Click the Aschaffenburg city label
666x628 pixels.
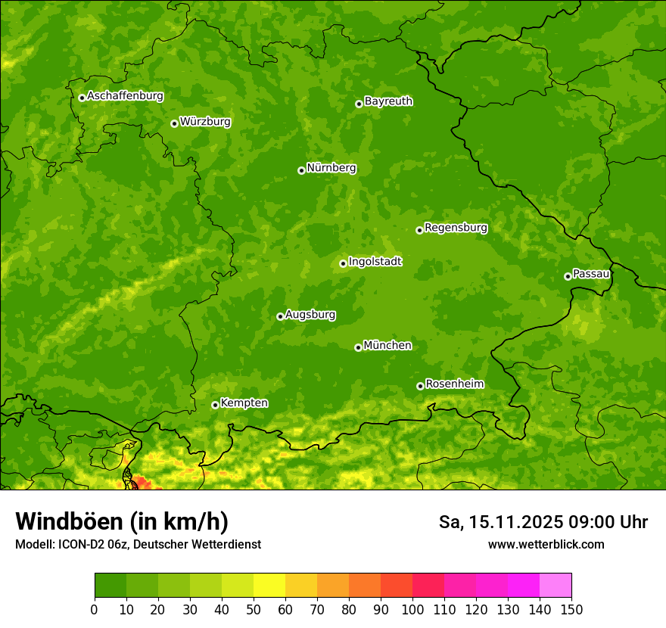125,96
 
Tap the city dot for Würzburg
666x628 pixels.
174,123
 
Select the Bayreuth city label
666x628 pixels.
388,101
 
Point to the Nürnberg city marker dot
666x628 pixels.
301,170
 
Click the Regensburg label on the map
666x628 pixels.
456,228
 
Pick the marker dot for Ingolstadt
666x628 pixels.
343,264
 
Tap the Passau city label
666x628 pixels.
591,274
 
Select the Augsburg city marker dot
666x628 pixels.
280,316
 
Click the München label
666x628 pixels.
387,346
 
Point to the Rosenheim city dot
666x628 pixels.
420,386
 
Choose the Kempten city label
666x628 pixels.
244,403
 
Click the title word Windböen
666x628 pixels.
69,521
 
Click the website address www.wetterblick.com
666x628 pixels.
546,545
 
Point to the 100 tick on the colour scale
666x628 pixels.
412,608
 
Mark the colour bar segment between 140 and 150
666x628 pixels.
556,586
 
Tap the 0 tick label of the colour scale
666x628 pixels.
95,608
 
